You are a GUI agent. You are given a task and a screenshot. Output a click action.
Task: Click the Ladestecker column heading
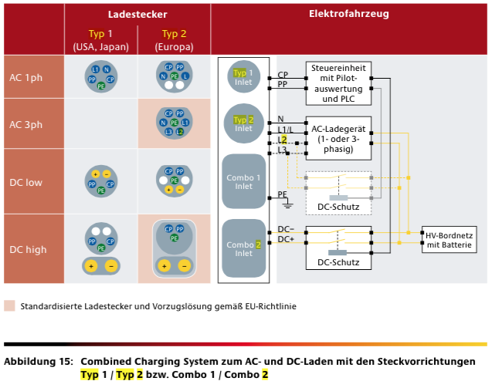click(x=137, y=15)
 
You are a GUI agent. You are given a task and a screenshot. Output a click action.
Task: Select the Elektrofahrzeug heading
click(x=348, y=15)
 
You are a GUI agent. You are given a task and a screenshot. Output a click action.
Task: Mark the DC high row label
click(x=27, y=249)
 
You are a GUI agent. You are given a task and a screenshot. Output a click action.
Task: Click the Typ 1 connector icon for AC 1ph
click(x=101, y=77)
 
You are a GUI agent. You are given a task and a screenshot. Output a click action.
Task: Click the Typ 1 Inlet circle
click(x=243, y=77)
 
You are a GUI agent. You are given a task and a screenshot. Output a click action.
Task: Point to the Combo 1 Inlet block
click(x=243, y=180)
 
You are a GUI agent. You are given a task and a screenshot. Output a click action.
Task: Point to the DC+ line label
click(x=285, y=240)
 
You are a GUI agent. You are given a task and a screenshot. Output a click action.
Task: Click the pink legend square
click(x=9, y=305)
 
